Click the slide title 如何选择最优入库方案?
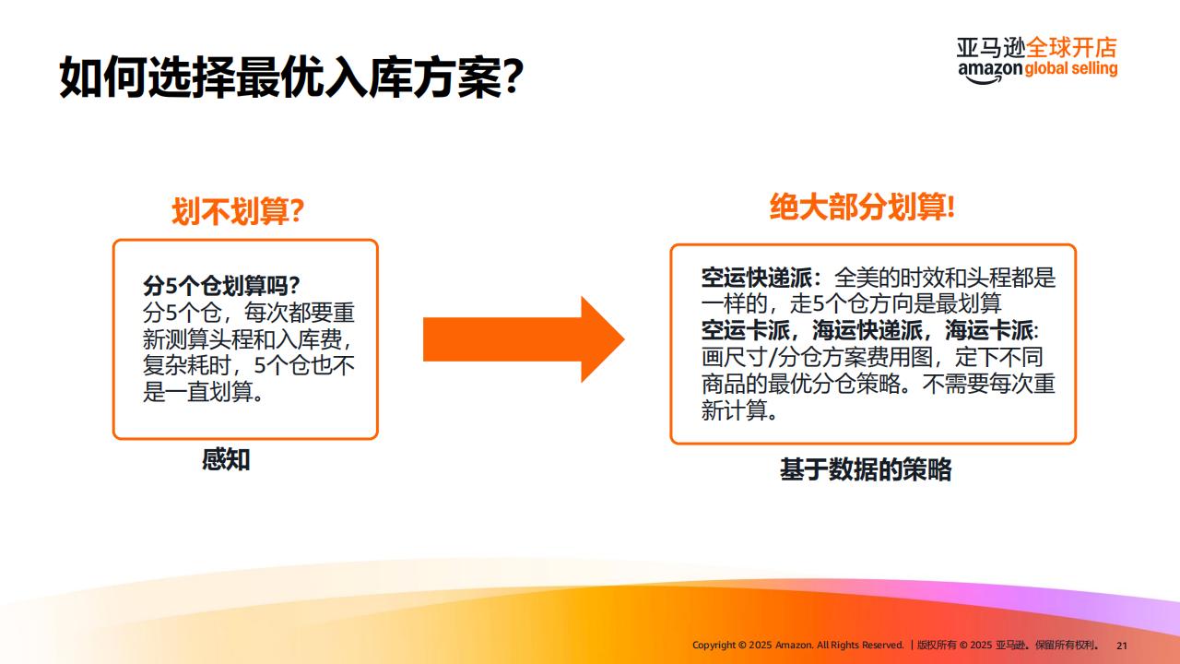tap(291, 77)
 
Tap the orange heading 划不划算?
tap(238, 211)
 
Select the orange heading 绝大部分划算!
tap(862, 207)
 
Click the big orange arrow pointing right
tap(524, 338)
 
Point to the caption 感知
tap(226, 459)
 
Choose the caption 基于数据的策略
tap(866, 469)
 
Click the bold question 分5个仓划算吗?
tap(221, 286)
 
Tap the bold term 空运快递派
tap(757, 278)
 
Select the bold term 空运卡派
tap(746, 330)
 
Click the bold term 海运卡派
tap(989, 330)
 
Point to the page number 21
tap(1122, 646)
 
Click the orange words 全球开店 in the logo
tap(1071, 47)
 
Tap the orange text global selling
tap(1071, 69)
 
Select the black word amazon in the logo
tap(990, 71)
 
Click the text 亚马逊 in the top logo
tap(991, 47)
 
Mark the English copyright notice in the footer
tap(797, 645)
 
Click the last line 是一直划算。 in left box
tap(204, 392)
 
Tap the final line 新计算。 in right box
tap(740, 409)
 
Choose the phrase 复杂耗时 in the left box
tap(186, 365)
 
